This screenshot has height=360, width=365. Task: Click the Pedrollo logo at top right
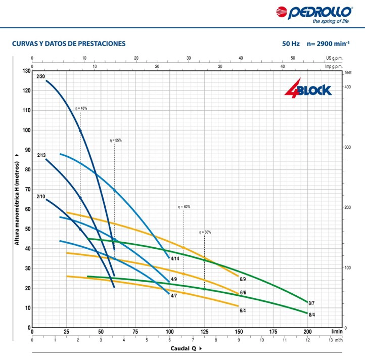(314, 15)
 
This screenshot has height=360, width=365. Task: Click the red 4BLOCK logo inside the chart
(308, 88)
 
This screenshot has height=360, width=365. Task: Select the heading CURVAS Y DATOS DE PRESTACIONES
(69, 44)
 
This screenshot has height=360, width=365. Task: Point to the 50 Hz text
(291, 44)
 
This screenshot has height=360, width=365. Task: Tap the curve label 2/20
(41, 76)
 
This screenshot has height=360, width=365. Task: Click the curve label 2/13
(41, 155)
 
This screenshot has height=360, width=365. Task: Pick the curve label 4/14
(175, 258)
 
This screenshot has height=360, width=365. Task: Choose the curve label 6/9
(243, 279)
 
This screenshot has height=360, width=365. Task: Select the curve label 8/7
(311, 303)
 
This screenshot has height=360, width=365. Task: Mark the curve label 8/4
(312, 315)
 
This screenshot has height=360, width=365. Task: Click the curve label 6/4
(243, 310)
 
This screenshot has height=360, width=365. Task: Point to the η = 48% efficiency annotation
(81, 108)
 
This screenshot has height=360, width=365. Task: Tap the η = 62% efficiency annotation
(184, 207)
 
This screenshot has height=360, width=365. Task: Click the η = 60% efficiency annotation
(205, 232)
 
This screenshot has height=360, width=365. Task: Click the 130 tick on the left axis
(26, 71)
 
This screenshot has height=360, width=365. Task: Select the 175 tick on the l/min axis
(273, 332)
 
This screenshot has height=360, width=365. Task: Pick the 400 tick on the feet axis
(347, 87)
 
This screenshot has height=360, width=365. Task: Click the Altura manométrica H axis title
(17, 203)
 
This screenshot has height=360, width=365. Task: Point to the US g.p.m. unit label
(334, 58)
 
